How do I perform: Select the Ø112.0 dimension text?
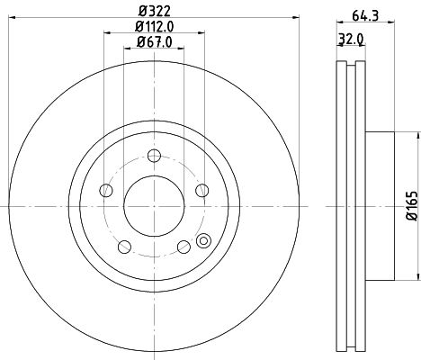click(154, 27)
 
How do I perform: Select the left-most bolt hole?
click(106, 190)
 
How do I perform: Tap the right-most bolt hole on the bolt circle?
click(200, 189)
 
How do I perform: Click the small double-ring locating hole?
click(202, 240)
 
